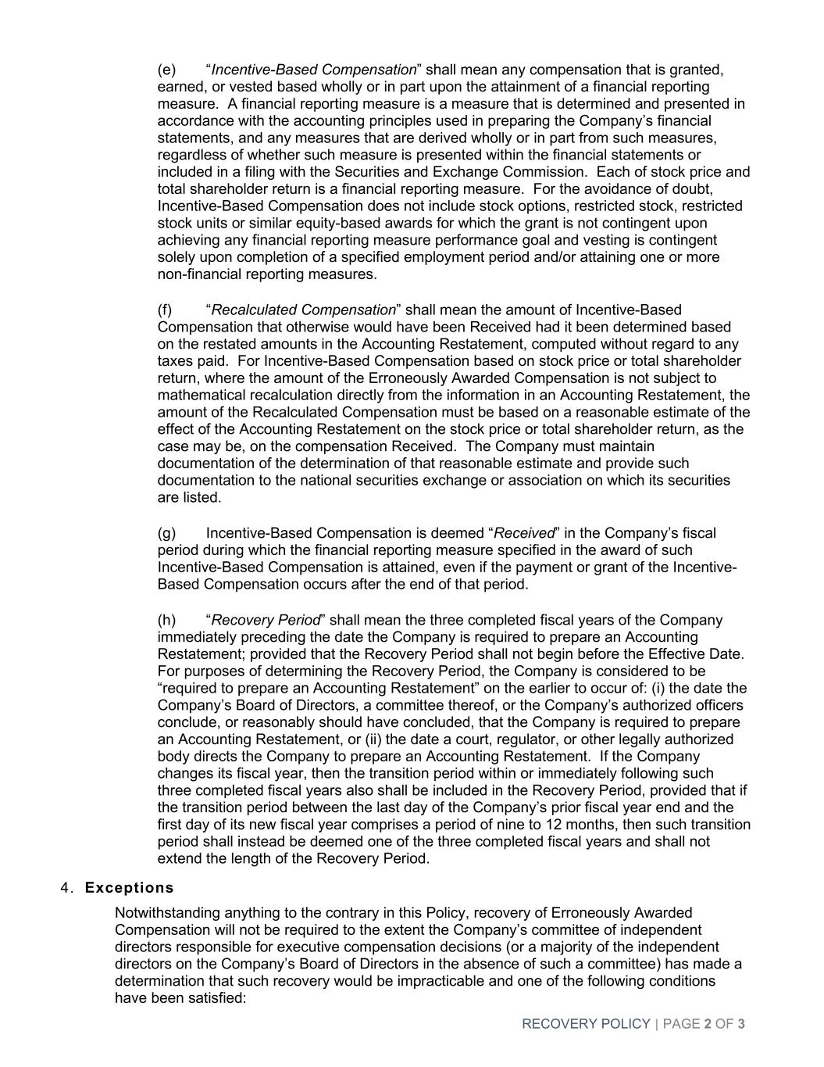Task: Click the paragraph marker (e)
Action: tap(166, 70)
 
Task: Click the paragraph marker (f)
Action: tap(165, 310)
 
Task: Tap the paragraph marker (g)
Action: tap(166, 533)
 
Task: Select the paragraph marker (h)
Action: tap(166, 620)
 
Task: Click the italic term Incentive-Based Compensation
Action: tap(314, 70)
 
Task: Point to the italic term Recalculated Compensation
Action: tap(304, 310)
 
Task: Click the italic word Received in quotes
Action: tap(524, 533)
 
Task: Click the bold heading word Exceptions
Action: tap(129, 887)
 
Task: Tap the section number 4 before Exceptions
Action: tap(66, 887)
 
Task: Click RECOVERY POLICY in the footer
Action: tap(586, 1023)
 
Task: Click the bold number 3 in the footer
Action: tap(740, 1023)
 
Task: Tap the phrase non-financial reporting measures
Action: tap(267, 274)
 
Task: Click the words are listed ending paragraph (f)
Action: tap(189, 497)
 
